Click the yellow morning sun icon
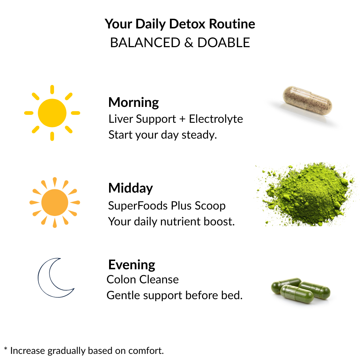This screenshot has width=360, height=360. [x=52, y=113]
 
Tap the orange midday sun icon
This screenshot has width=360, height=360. [x=55, y=202]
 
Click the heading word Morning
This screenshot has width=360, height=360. [x=134, y=103]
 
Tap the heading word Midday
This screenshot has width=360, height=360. [x=130, y=188]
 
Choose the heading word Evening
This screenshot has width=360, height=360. [x=132, y=265]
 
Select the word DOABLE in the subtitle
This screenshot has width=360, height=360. [x=224, y=42]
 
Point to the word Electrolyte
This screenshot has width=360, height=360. [x=216, y=119]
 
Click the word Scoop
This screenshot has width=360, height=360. [x=210, y=206]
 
